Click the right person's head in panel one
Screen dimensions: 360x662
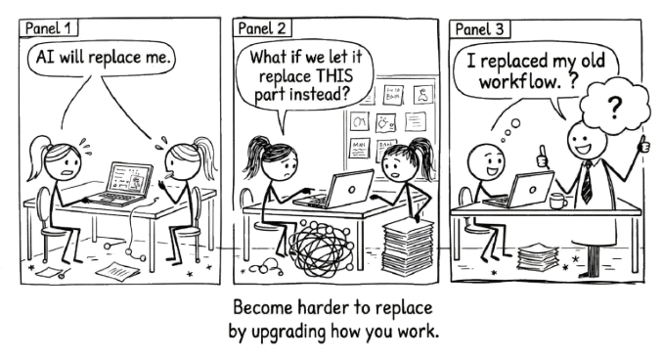click(x=184, y=156)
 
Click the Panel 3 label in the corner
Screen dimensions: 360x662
click(x=468, y=26)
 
